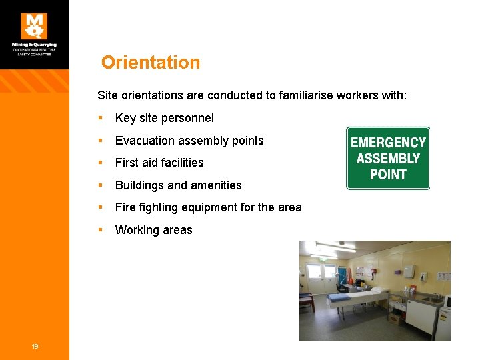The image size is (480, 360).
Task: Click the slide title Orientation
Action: point(151,63)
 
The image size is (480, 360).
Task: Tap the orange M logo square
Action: point(34,26)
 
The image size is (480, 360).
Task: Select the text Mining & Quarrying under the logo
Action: point(34,45)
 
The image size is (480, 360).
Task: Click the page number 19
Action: point(35,345)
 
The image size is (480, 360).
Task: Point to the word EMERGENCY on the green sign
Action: point(388,143)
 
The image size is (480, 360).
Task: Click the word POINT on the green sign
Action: point(388,175)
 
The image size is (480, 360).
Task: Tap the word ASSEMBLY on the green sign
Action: point(388,159)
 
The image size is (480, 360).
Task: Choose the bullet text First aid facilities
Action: point(159,163)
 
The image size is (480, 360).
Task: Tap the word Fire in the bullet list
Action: point(125,207)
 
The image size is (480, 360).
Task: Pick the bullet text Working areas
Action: point(153,230)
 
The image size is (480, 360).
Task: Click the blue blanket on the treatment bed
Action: point(347,297)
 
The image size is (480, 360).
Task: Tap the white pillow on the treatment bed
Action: point(378,290)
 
